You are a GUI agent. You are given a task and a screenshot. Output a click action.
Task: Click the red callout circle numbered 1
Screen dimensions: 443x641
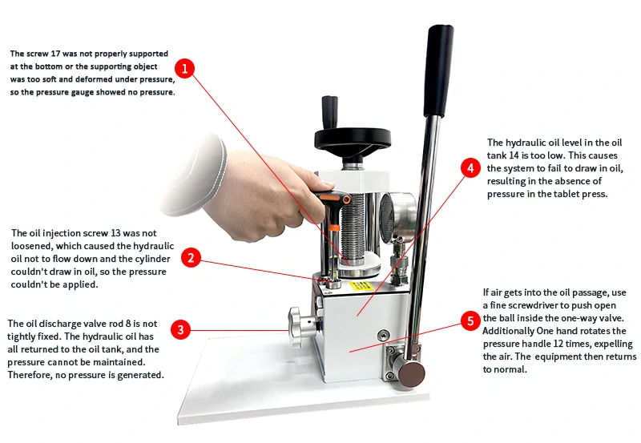[x=185, y=68]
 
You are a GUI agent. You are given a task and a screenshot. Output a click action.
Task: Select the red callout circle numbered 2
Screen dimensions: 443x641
[x=190, y=257]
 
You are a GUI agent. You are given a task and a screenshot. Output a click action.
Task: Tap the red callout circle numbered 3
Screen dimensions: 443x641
[x=182, y=329]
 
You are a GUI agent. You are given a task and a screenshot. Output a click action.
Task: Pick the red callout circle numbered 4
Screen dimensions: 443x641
[x=471, y=168]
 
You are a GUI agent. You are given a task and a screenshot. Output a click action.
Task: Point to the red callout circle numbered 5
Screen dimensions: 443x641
[x=470, y=321]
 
